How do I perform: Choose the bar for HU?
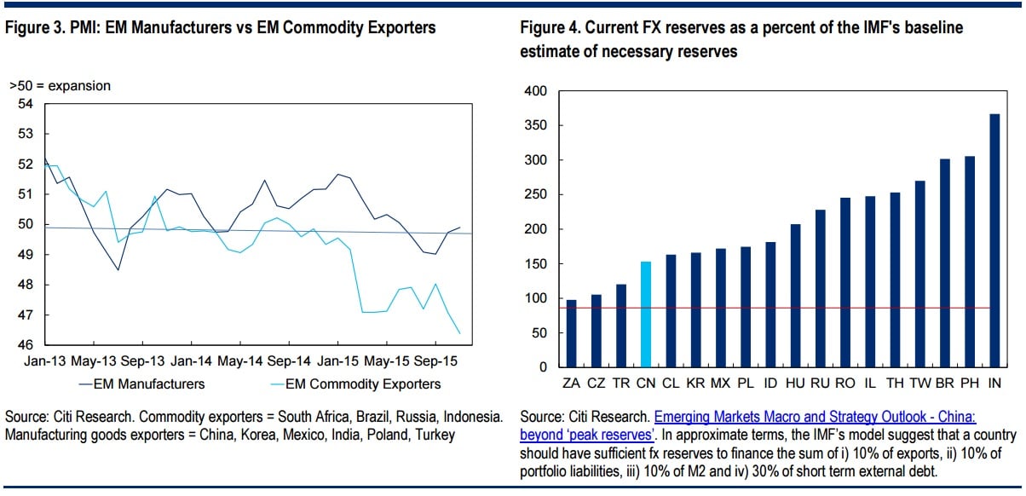pos(795,295)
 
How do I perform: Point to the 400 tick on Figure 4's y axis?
pos(534,91)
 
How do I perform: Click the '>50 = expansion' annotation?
pos(60,86)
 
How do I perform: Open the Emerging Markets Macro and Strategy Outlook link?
pos(816,418)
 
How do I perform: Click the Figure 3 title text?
pos(221,28)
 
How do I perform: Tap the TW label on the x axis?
pos(919,384)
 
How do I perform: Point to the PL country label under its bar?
pos(745,384)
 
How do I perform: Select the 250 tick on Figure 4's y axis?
pos(534,195)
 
